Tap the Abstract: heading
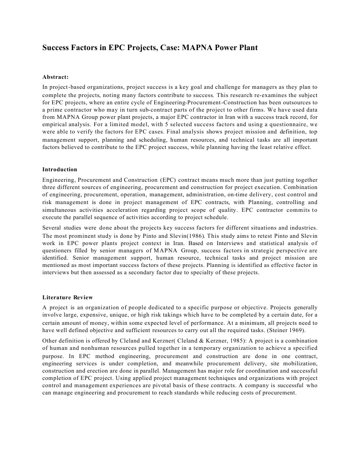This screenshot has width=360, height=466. click(x=55, y=77)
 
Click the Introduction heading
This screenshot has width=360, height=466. click(x=60, y=169)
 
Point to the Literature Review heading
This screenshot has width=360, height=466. click(x=67, y=297)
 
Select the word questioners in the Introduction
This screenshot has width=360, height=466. click(x=59, y=250)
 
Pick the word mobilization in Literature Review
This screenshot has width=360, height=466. click(x=297, y=364)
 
